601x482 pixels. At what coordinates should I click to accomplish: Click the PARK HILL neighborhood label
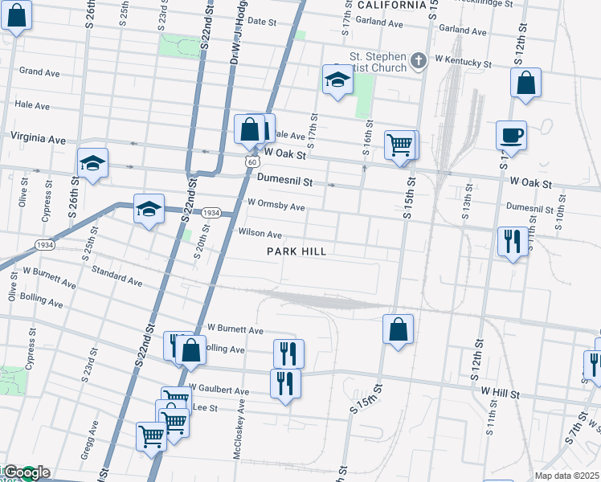pyautogui.click(x=296, y=251)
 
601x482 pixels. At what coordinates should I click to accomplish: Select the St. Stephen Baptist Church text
pyautogui.click(x=378, y=63)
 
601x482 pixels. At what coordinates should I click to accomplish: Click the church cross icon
pyautogui.click(x=418, y=61)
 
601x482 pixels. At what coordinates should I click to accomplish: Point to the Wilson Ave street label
pyautogui.click(x=260, y=235)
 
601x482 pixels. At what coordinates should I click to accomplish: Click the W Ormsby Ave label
pyautogui.click(x=276, y=206)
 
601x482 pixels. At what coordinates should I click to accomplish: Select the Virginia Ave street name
pyautogui.click(x=38, y=139)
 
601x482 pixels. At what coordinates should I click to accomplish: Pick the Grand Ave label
pyautogui.click(x=40, y=72)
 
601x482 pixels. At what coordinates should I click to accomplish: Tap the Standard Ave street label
pyautogui.click(x=117, y=276)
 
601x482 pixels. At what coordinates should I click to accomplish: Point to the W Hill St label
pyautogui.click(x=502, y=390)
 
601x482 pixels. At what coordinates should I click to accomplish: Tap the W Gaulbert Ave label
pyautogui.click(x=219, y=390)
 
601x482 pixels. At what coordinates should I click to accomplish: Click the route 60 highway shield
pyautogui.click(x=252, y=162)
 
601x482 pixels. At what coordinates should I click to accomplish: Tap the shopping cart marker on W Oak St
pyautogui.click(x=399, y=146)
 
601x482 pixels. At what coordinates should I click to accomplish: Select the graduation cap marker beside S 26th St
pyautogui.click(x=93, y=163)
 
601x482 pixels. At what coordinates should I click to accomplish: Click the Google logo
pyautogui.click(x=27, y=472)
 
